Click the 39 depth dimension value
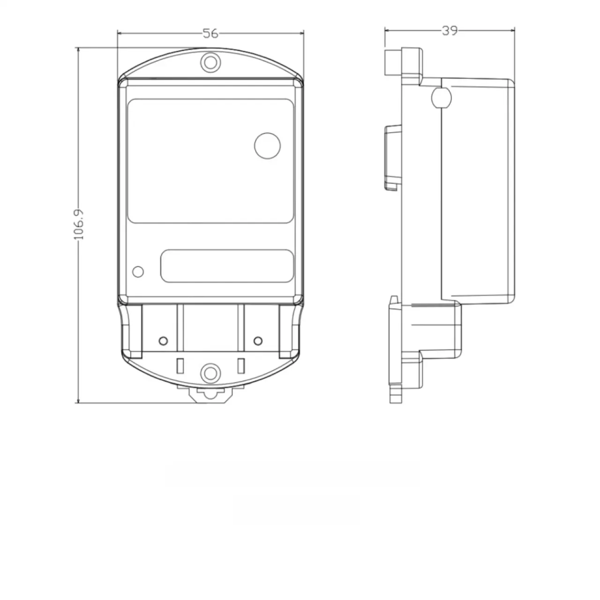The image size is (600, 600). [x=450, y=30]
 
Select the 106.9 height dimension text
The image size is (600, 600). [x=79, y=225]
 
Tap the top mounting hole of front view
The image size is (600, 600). [x=210, y=63]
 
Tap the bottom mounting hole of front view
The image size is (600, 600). [x=210, y=373]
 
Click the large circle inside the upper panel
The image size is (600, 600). [x=268, y=146]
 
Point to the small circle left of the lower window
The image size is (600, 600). [x=138, y=272]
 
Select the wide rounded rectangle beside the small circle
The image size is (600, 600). [x=227, y=266]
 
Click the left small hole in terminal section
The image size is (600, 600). [x=163, y=341]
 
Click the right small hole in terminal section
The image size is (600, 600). [x=258, y=341]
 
